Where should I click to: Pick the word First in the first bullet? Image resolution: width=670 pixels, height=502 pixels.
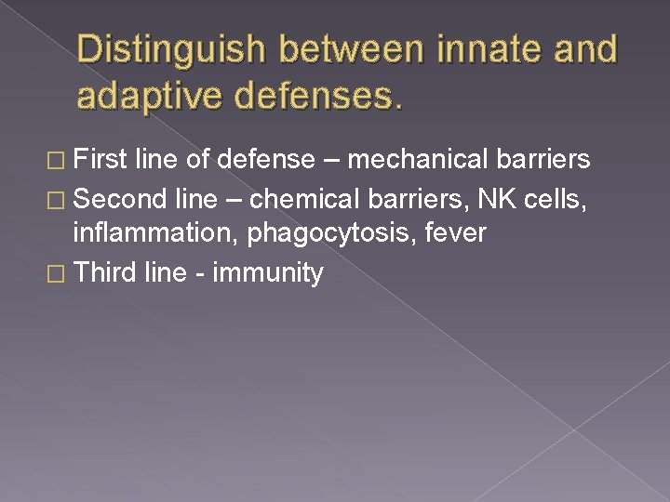[x=100, y=160]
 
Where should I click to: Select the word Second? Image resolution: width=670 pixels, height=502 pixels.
[x=117, y=197]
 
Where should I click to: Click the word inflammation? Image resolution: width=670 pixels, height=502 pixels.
[x=156, y=233]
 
